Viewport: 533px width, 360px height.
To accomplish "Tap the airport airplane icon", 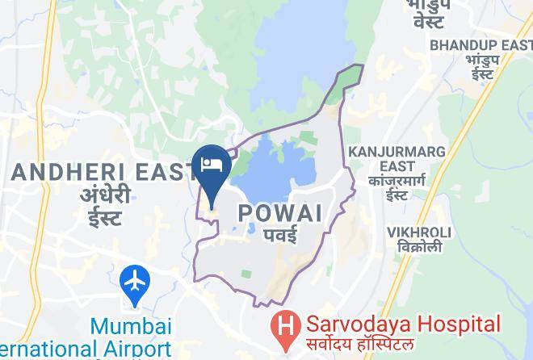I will (135, 284).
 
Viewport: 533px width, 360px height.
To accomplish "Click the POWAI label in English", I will (280, 213).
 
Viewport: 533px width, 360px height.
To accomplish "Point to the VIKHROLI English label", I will (418, 232).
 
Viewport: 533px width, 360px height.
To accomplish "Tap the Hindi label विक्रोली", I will (418, 246).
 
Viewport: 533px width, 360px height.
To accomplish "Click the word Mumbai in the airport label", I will (132, 326).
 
